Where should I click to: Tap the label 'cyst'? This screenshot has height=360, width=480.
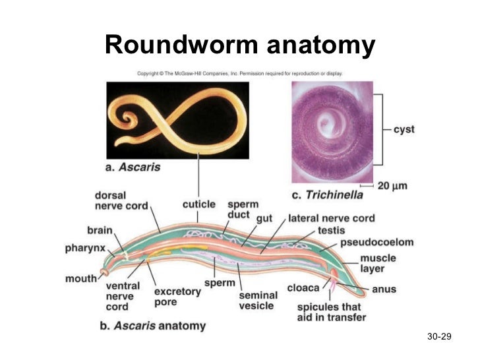[404, 129]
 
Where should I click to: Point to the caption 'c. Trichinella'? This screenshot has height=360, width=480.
[328, 195]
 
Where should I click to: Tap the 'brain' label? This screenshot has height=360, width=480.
[100, 230]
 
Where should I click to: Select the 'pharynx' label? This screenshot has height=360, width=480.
[85, 248]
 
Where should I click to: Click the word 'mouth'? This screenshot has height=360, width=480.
[80, 278]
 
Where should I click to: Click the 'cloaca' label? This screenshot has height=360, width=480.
[303, 288]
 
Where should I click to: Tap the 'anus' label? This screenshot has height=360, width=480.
[384, 289]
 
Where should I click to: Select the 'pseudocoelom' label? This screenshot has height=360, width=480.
[376, 243]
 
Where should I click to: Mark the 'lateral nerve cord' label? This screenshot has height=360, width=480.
[332, 218]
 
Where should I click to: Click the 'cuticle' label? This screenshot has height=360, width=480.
[198, 204]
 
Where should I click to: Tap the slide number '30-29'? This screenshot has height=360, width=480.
[438, 338]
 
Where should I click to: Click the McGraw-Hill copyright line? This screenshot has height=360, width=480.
[244, 73]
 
